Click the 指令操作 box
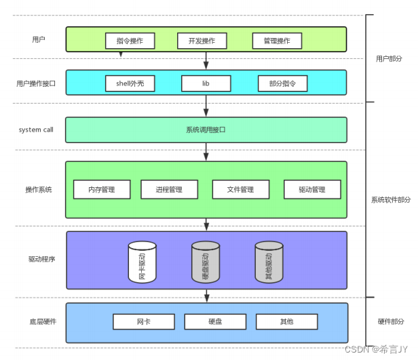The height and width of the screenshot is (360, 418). tap(130, 41)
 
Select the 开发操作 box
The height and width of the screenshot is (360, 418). tap(202, 41)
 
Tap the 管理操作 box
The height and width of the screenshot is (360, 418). tap(276, 41)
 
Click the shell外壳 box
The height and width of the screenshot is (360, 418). tap(130, 83)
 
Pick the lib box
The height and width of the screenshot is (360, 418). tap(206, 83)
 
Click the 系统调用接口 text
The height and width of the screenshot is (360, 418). tap(206, 129)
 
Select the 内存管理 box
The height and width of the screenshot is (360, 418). tap(101, 189)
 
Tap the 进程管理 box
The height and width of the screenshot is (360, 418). tap(169, 189)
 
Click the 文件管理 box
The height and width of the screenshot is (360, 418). tap(241, 189)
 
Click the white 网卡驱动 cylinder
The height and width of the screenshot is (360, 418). tap(142, 262)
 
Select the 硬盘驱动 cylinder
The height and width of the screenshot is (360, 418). tap(206, 262)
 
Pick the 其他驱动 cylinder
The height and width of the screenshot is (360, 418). tap(269, 262)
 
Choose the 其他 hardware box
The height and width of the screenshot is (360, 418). tap(285, 321)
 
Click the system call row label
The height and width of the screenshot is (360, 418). tap(36, 129)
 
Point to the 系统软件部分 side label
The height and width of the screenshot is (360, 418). tap(391, 199)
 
